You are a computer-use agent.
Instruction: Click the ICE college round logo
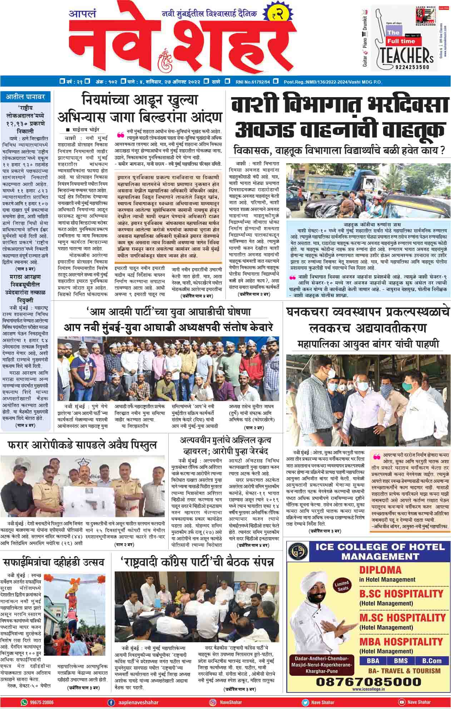click(x=299, y=552)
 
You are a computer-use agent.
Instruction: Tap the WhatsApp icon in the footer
click(x=24, y=702)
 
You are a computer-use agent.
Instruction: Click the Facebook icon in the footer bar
click(x=111, y=702)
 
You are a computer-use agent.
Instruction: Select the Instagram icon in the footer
click(x=213, y=702)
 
